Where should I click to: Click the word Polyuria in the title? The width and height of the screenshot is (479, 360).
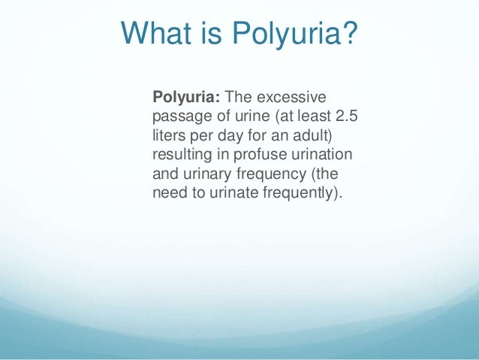pyautogui.click(x=279, y=34)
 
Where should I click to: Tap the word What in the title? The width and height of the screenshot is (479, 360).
pyautogui.click(x=154, y=34)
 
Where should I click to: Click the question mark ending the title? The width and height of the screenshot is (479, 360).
pyautogui.click(x=347, y=34)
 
